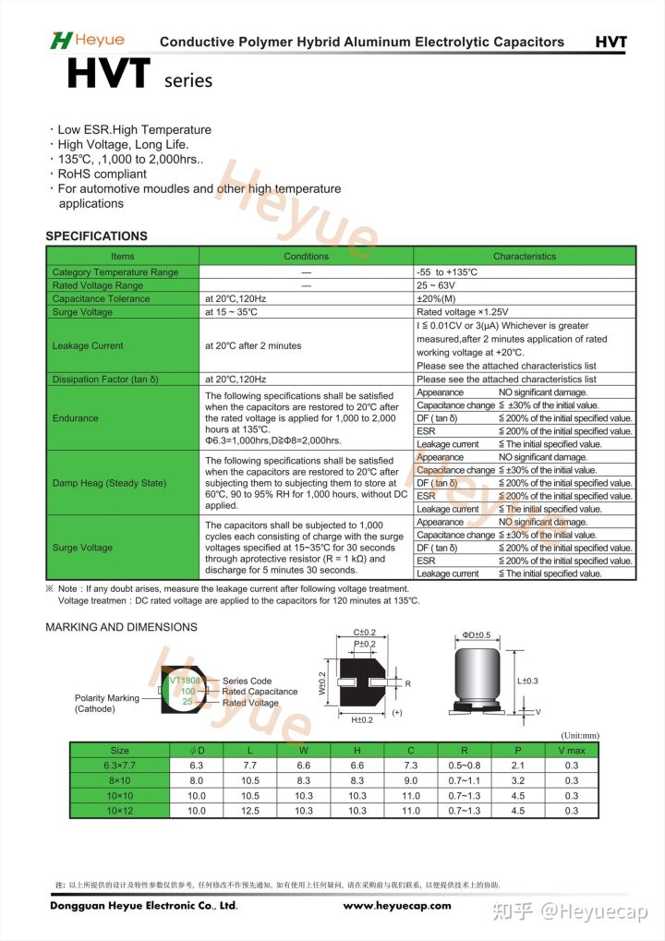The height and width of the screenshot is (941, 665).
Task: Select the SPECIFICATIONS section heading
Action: click(96, 235)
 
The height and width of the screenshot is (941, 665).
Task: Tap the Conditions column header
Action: click(306, 256)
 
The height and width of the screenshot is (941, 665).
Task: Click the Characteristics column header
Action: click(525, 256)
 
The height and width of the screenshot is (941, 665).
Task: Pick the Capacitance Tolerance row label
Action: click(101, 299)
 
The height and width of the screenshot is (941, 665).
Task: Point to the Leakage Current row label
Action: click(88, 345)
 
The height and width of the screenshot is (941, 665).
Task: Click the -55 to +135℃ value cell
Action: click(447, 272)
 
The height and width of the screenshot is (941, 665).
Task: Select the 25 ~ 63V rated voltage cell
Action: click(436, 285)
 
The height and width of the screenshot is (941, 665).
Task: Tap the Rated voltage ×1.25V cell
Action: click(463, 312)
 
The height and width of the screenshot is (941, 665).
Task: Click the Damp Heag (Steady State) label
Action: click(109, 483)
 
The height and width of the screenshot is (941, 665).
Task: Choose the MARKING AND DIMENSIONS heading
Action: click(121, 627)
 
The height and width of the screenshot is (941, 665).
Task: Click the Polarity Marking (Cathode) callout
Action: click(106, 704)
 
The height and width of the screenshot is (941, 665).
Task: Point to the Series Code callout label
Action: click(247, 681)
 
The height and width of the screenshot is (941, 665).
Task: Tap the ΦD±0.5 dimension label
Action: click(479, 635)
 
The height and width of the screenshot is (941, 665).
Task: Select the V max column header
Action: click(572, 750)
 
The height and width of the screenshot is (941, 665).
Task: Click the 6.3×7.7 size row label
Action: click(120, 766)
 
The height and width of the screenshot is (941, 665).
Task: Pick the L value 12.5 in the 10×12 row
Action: click(250, 811)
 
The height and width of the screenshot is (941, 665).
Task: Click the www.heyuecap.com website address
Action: click(397, 906)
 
